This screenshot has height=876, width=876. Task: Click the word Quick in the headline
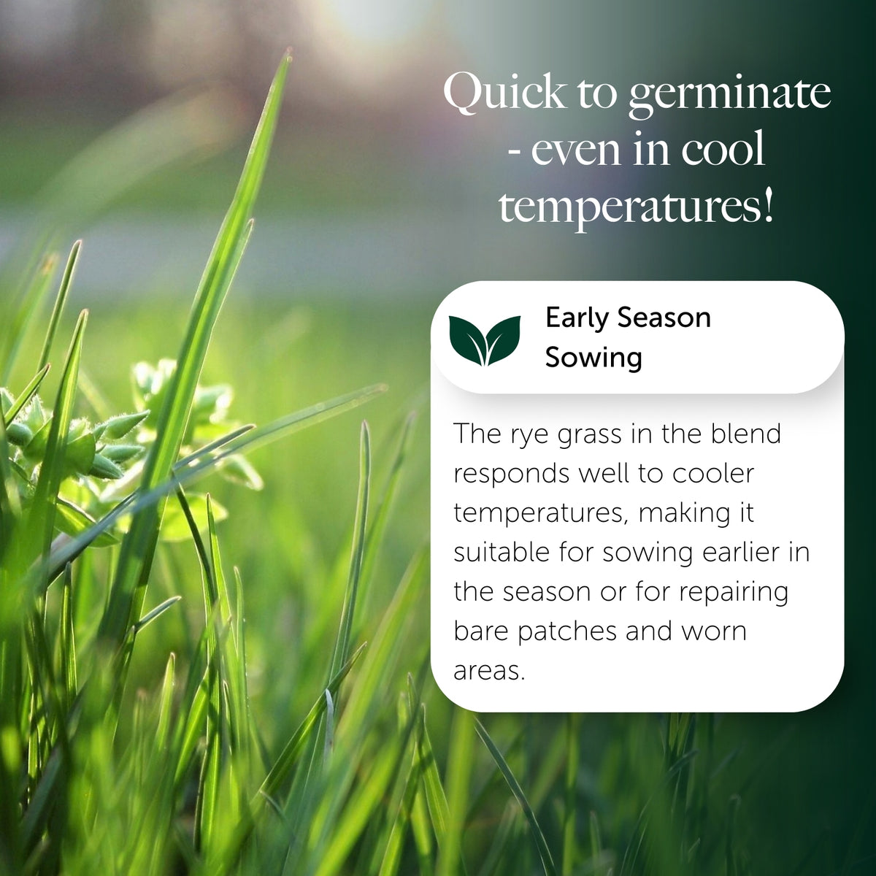point(504,94)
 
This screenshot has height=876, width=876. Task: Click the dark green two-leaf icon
point(485,339)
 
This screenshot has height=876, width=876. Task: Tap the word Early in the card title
point(577,318)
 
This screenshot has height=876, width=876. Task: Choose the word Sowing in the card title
point(593,358)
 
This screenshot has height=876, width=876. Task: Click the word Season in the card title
point(664,318)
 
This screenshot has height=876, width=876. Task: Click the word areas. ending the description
point(489,672)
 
